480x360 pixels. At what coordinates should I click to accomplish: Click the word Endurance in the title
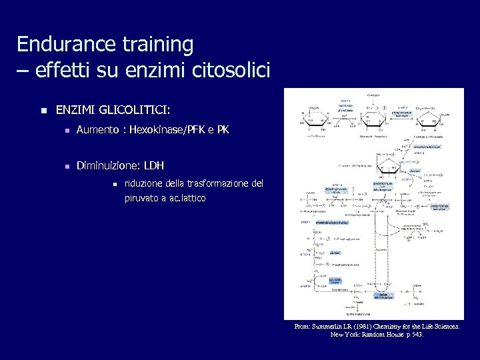pos(61,45)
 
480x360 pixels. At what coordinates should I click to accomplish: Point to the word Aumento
pos(97,130)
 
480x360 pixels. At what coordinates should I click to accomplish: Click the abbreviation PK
pos(223,130)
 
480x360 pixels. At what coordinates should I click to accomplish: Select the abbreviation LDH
pos(154,165)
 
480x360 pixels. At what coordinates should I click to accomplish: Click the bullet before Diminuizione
pos(66,165)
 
